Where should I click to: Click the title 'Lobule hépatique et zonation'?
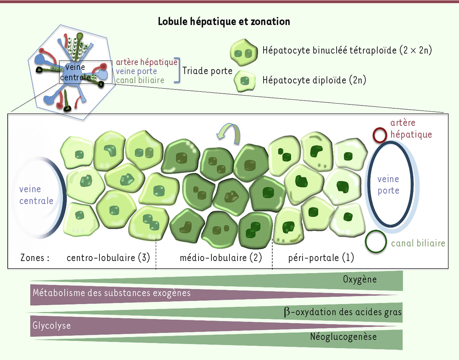[x=224, y=21]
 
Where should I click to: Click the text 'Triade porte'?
[x=207, y=71]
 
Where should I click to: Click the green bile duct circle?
[x=376, y=242]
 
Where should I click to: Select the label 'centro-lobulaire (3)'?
[x=108, y=258]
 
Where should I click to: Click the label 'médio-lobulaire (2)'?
[x=221, y=258]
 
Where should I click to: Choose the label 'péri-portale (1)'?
[x=321, y=258]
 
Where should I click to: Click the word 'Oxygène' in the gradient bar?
[x=360, y=279]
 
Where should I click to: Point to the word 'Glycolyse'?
[x=52, y=326]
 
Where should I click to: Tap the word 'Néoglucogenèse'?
[x=343, y=336]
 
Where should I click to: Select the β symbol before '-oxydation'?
[x=287, y=312]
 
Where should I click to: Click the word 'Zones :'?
[x=35, y=258]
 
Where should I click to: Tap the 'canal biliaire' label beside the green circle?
[x=418, y=243]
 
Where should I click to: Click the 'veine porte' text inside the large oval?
[x=388, y=185]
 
